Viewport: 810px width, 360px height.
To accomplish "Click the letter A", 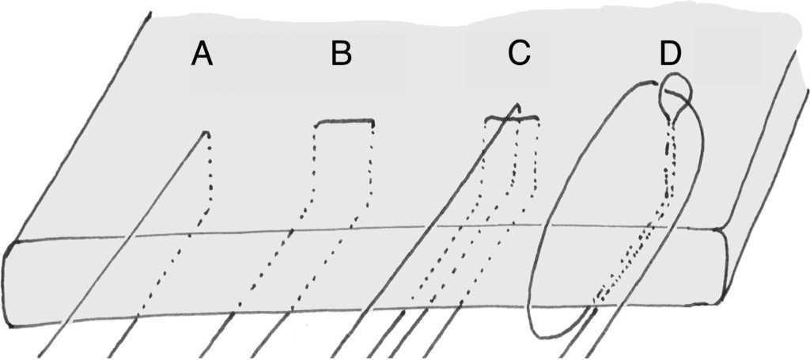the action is tap(202, 55).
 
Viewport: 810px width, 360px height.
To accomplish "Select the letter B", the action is tap(341, 54).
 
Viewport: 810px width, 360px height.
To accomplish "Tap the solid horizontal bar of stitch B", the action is tap(344, 122).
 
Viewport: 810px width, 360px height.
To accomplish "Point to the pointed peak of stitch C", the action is tap(516, 105).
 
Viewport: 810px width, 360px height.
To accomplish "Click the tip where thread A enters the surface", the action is tap(207, 133).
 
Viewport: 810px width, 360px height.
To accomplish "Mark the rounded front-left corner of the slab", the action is tap(11, 248).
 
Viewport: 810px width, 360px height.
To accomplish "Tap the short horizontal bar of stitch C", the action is tap(512, 119).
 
